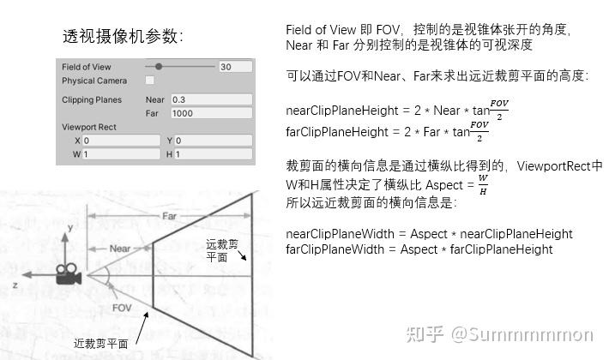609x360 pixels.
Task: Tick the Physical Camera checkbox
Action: (x=150, y=81)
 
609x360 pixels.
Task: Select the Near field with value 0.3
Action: (x=211, y=99)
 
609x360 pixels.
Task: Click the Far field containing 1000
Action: (x=211, y=113)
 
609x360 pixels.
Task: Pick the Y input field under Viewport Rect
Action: (x=214, y=141)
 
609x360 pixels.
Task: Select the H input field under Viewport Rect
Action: (x=214, y=154)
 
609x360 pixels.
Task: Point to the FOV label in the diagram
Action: (x=121, y=307)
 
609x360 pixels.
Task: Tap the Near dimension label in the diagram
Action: (x=120, y=249)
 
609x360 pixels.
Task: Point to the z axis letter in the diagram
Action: (x=15, y=282)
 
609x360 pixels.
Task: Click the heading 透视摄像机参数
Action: (x=123, y=37)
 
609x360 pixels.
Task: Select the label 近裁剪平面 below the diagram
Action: (x=100, y=343)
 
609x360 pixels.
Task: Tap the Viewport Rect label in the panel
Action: (x=89, y=127)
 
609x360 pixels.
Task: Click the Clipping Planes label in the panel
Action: (x=92, y=99)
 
